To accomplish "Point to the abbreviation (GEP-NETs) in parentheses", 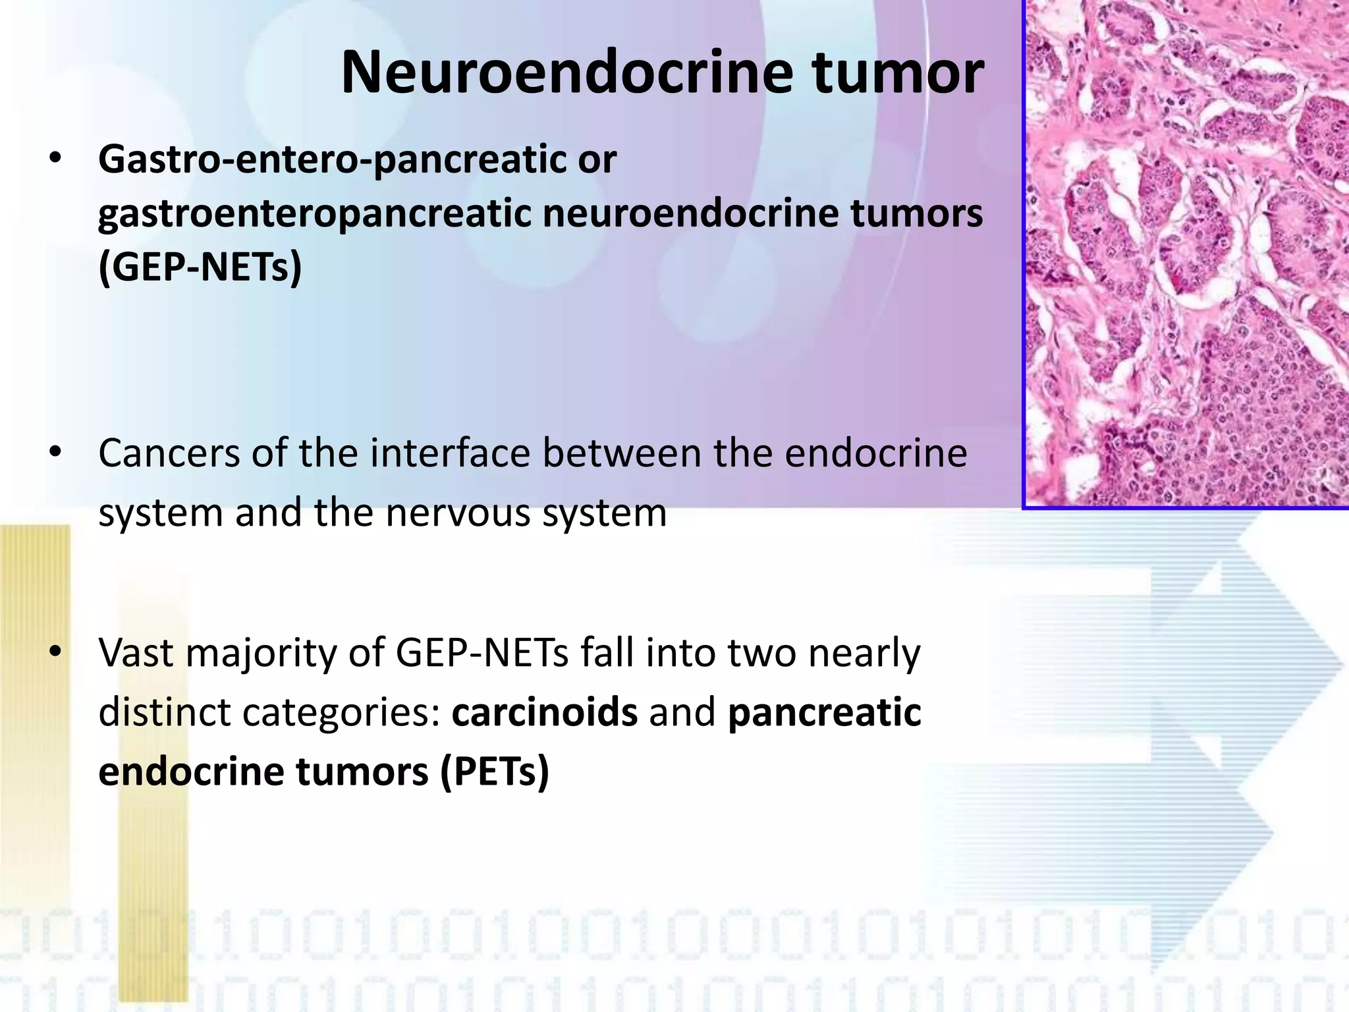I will (x=200, y=267).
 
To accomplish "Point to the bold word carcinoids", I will (x=544, y=712).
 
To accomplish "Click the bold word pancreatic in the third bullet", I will (x=824, y=713).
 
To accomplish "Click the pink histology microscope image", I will (x=1186, y=254).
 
